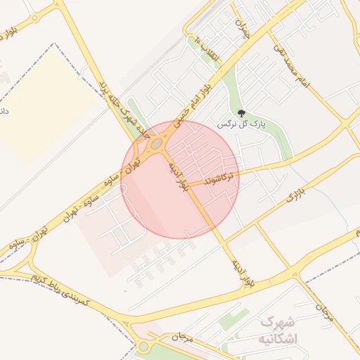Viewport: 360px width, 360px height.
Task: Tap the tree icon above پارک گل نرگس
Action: point(241,112)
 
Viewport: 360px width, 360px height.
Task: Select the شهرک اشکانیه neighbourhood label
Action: point(279,330)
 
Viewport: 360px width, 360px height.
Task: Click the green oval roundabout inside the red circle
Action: point(156,143)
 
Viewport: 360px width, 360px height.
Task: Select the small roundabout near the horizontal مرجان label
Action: point(144,346)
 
